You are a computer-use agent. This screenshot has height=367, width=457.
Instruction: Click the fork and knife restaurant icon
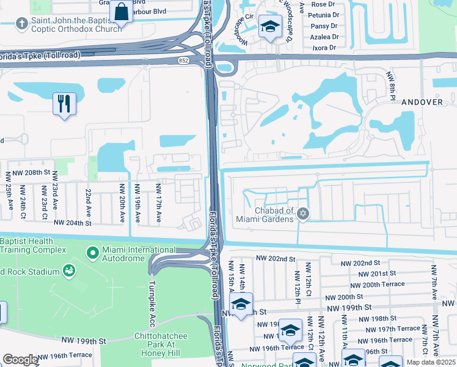(64, 103)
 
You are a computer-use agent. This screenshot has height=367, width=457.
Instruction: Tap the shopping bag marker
(121, 12)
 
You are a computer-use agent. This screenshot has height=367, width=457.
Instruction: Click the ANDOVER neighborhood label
(422, 102)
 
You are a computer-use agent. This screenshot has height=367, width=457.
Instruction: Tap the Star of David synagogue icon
(302, 213)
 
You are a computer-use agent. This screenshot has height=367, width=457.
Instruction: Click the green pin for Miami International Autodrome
(93, 252)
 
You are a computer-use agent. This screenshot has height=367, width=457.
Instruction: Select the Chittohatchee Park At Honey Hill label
(167, 341)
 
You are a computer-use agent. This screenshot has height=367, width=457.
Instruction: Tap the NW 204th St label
(73, 223)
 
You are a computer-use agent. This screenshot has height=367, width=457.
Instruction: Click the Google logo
(20, 360)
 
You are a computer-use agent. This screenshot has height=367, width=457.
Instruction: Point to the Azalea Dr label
(324, 37)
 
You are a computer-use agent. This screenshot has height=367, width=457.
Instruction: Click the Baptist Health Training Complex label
(33, 246)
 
